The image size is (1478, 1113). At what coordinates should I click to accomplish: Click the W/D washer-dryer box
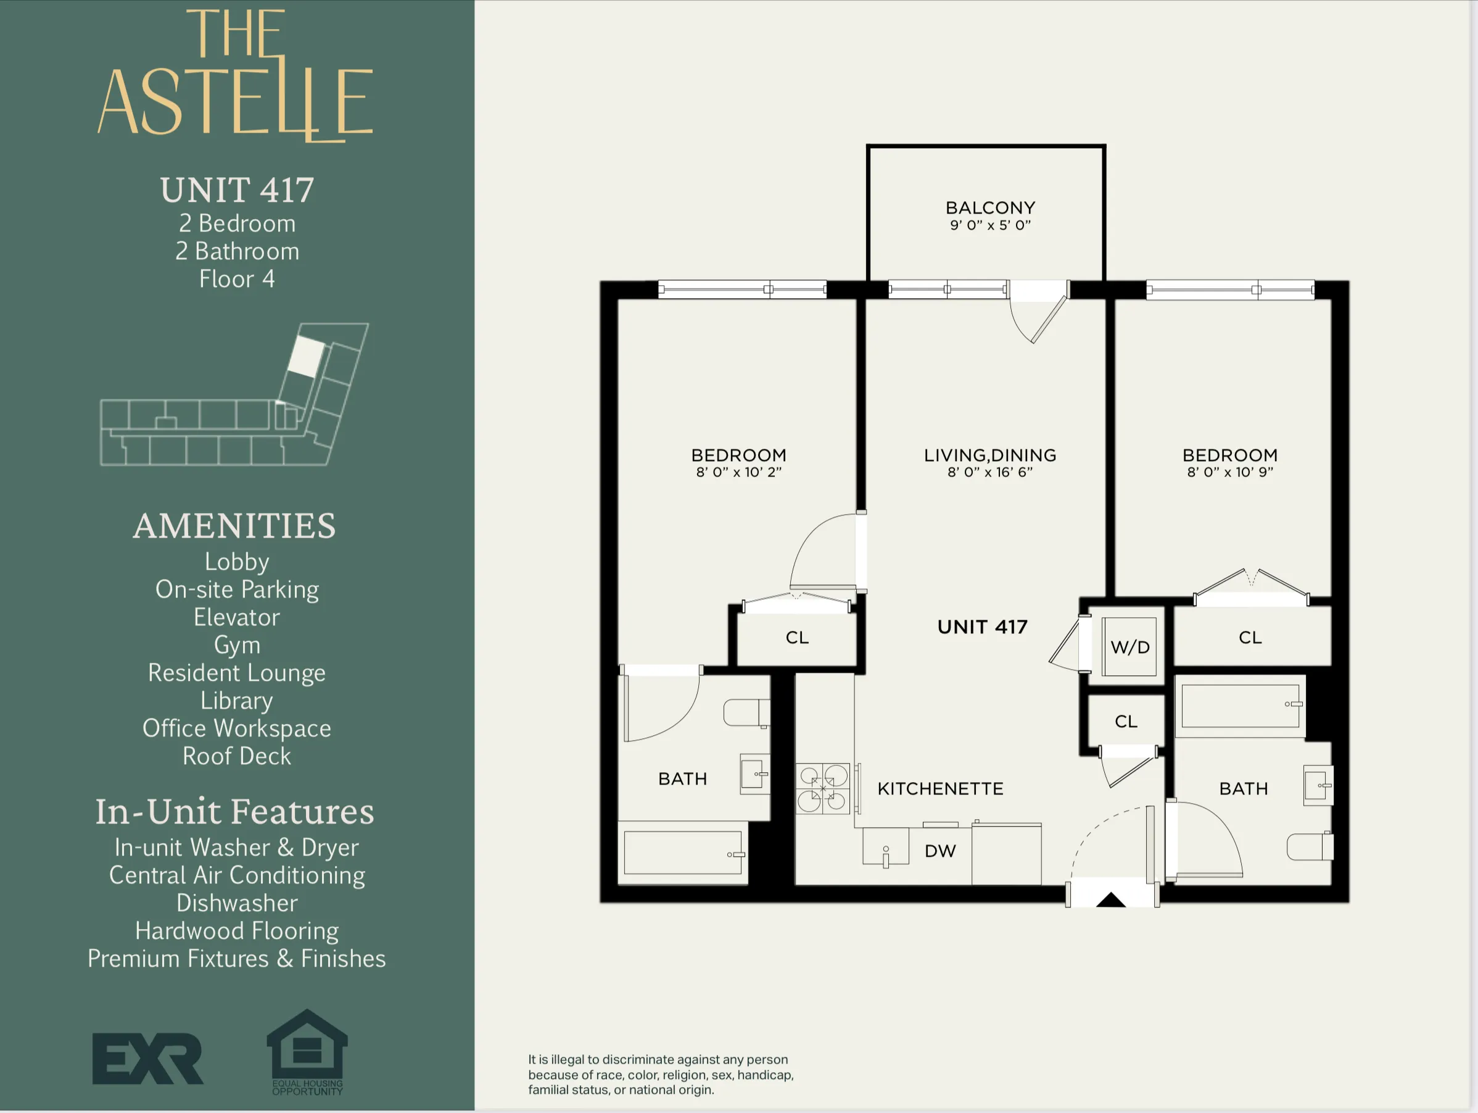tap(1129, 646)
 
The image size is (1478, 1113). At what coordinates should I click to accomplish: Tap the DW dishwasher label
tap(940, 851)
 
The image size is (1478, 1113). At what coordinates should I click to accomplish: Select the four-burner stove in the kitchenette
tap(822, 788)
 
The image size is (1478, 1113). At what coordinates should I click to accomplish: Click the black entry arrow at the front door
tap(1111, 900)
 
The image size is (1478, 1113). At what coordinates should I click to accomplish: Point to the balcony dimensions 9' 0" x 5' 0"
tap(990, 225)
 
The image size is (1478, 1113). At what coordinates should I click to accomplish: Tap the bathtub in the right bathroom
tap(1240, 707)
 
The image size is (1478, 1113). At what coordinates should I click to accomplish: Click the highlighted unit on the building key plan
tap(306, 356)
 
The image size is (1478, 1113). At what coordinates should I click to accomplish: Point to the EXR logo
tap(147, 1058)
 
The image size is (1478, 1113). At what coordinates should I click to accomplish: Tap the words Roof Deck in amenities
tap(236, 756)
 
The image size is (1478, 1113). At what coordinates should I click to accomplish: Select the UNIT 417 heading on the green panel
tap(236, 190)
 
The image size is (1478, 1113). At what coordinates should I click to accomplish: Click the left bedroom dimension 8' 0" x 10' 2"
tap(738, 472)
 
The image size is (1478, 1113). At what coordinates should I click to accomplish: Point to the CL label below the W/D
tap(1126, 721)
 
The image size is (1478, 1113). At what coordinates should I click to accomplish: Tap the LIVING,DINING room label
tap(989, 455)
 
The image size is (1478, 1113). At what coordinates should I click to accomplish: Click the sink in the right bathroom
tap(1318, 785)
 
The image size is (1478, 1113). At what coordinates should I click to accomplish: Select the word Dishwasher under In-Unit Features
tap(236, 903)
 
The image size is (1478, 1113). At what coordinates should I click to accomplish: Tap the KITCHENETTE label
tap(940, 789)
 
